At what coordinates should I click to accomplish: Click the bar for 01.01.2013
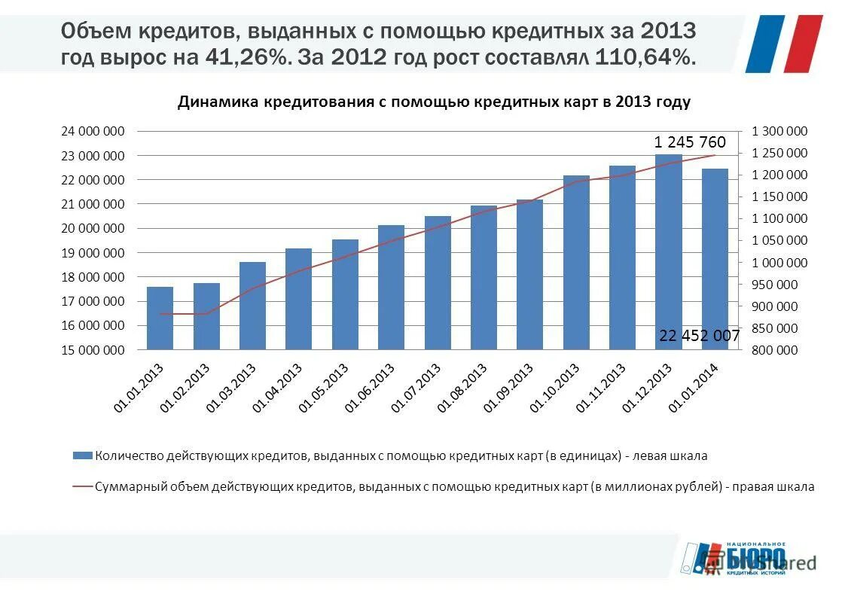[160, 318]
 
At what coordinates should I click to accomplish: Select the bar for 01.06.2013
[391, 287]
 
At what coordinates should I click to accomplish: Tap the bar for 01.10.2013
[576, 262]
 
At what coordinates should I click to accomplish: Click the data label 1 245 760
[689, 142]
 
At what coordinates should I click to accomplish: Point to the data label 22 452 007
[699, 336]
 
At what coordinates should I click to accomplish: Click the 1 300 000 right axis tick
[779, 132]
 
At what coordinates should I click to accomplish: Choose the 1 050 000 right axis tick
[779, 241]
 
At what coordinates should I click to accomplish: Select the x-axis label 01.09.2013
[509, 387]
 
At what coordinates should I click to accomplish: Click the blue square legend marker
[82, 455]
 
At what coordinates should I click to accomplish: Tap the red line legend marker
[82, 486]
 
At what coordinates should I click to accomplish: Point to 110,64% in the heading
[645, 57]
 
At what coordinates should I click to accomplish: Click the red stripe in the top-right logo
[803, 44]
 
